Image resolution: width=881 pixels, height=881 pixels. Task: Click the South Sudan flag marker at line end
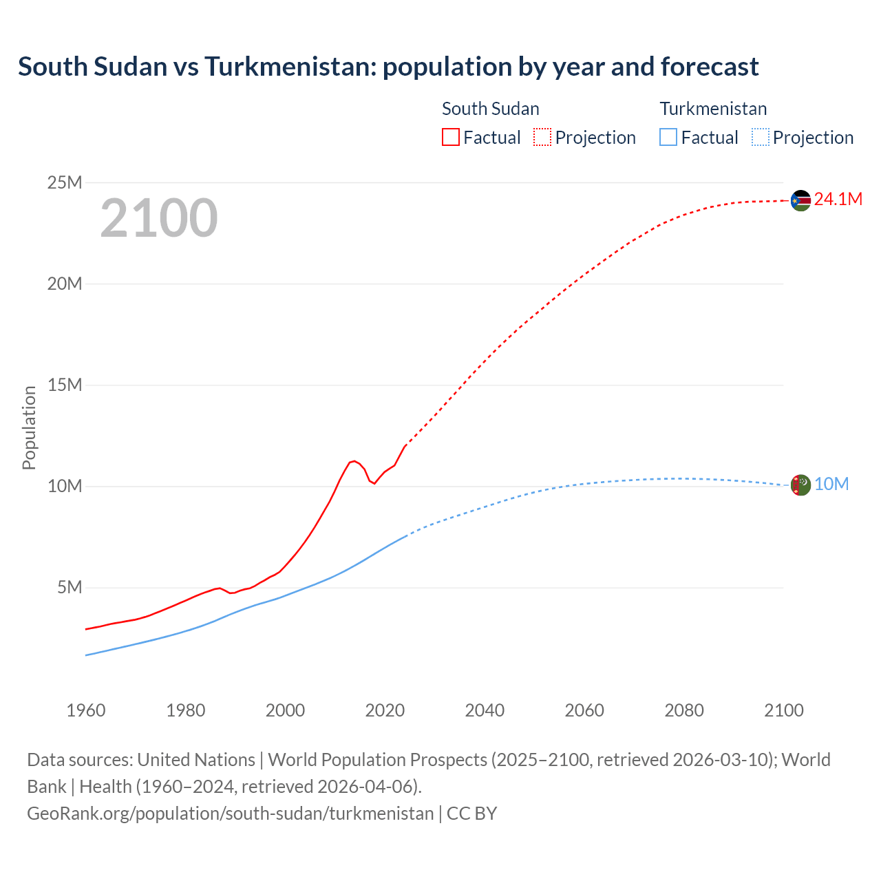click(800, 200)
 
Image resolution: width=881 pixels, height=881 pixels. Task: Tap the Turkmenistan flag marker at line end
click(800, 485)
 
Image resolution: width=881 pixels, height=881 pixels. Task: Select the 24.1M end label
click(838, 200)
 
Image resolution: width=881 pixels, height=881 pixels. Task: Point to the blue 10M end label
click(831, 485)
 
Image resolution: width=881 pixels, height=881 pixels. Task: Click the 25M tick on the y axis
click(65, 182)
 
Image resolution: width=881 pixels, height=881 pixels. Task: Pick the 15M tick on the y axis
click(65, 385)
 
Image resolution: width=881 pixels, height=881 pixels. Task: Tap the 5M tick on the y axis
click(70, 587)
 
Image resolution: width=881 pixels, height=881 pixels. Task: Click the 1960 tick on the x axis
click(86, 710)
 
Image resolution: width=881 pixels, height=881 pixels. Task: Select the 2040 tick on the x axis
click(485, 710)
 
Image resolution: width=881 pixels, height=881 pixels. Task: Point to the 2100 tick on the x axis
click(784, 710)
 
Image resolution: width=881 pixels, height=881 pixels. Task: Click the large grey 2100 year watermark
click(159, 218)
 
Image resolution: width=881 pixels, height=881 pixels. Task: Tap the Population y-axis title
click(29, 427)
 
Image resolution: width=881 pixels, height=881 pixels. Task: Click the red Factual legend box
click(451, 138)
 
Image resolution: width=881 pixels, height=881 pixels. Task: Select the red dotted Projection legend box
click(542, 138)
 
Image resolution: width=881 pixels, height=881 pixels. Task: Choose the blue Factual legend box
click(668, 138)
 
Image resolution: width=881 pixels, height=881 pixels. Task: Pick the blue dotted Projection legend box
click(761, 138)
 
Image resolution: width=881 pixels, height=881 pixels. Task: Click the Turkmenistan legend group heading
click(713, 109)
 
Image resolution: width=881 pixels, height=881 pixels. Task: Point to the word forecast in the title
click(710, 67)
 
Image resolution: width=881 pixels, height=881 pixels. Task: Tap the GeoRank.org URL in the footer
click(231, 814)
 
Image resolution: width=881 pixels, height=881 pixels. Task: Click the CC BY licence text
click(471, 814)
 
